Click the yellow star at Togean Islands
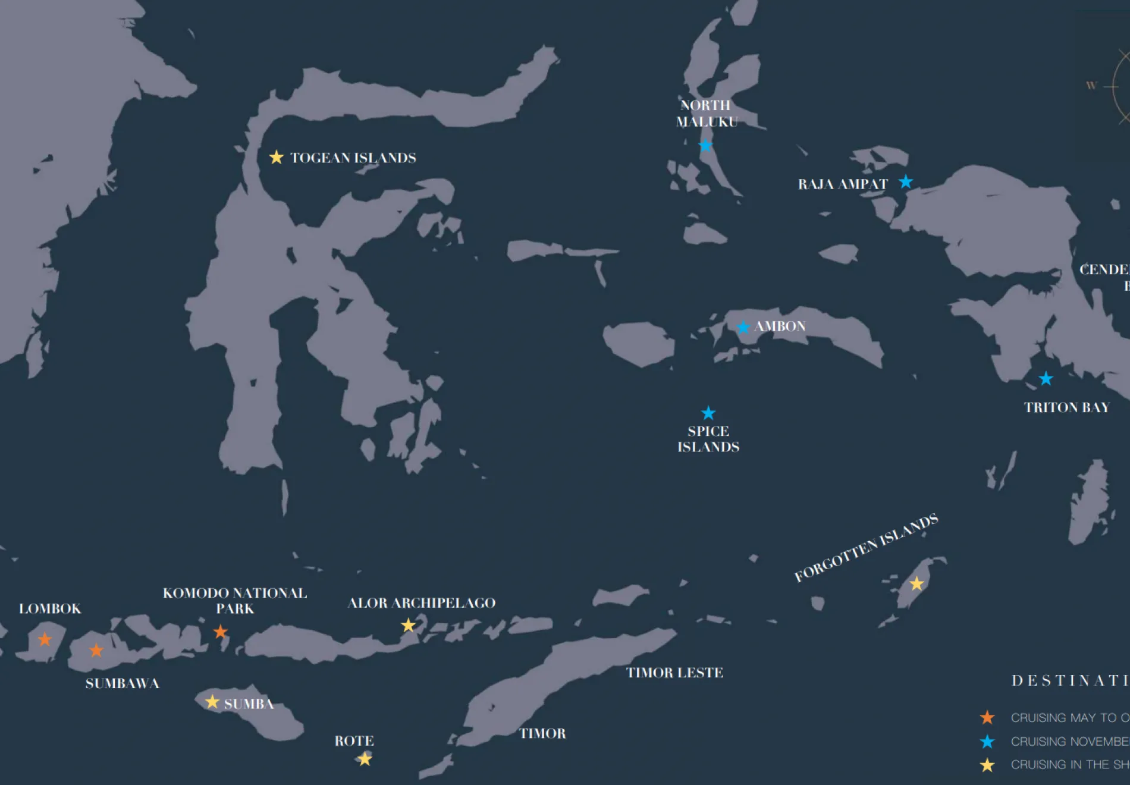point(277,157)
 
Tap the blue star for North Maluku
point(705,145)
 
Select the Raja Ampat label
point(842,184)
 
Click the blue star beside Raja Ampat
point(906,181)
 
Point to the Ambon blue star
point(743,327)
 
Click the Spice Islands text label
point(708,439)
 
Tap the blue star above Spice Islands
point(708,413)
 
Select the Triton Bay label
point(1066,407)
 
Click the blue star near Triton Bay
point(1046,378)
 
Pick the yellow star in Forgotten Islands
point(916,583)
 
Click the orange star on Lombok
point(45,639)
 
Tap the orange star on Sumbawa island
point(96,650)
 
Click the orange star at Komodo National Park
point(221,632)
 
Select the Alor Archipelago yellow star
point(408,625)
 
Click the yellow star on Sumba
point(212,702)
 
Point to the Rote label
point(354,741)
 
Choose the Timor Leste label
point(674,673)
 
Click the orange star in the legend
point(987,717)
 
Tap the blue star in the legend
point(987,741)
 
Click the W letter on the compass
point(1091,86)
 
